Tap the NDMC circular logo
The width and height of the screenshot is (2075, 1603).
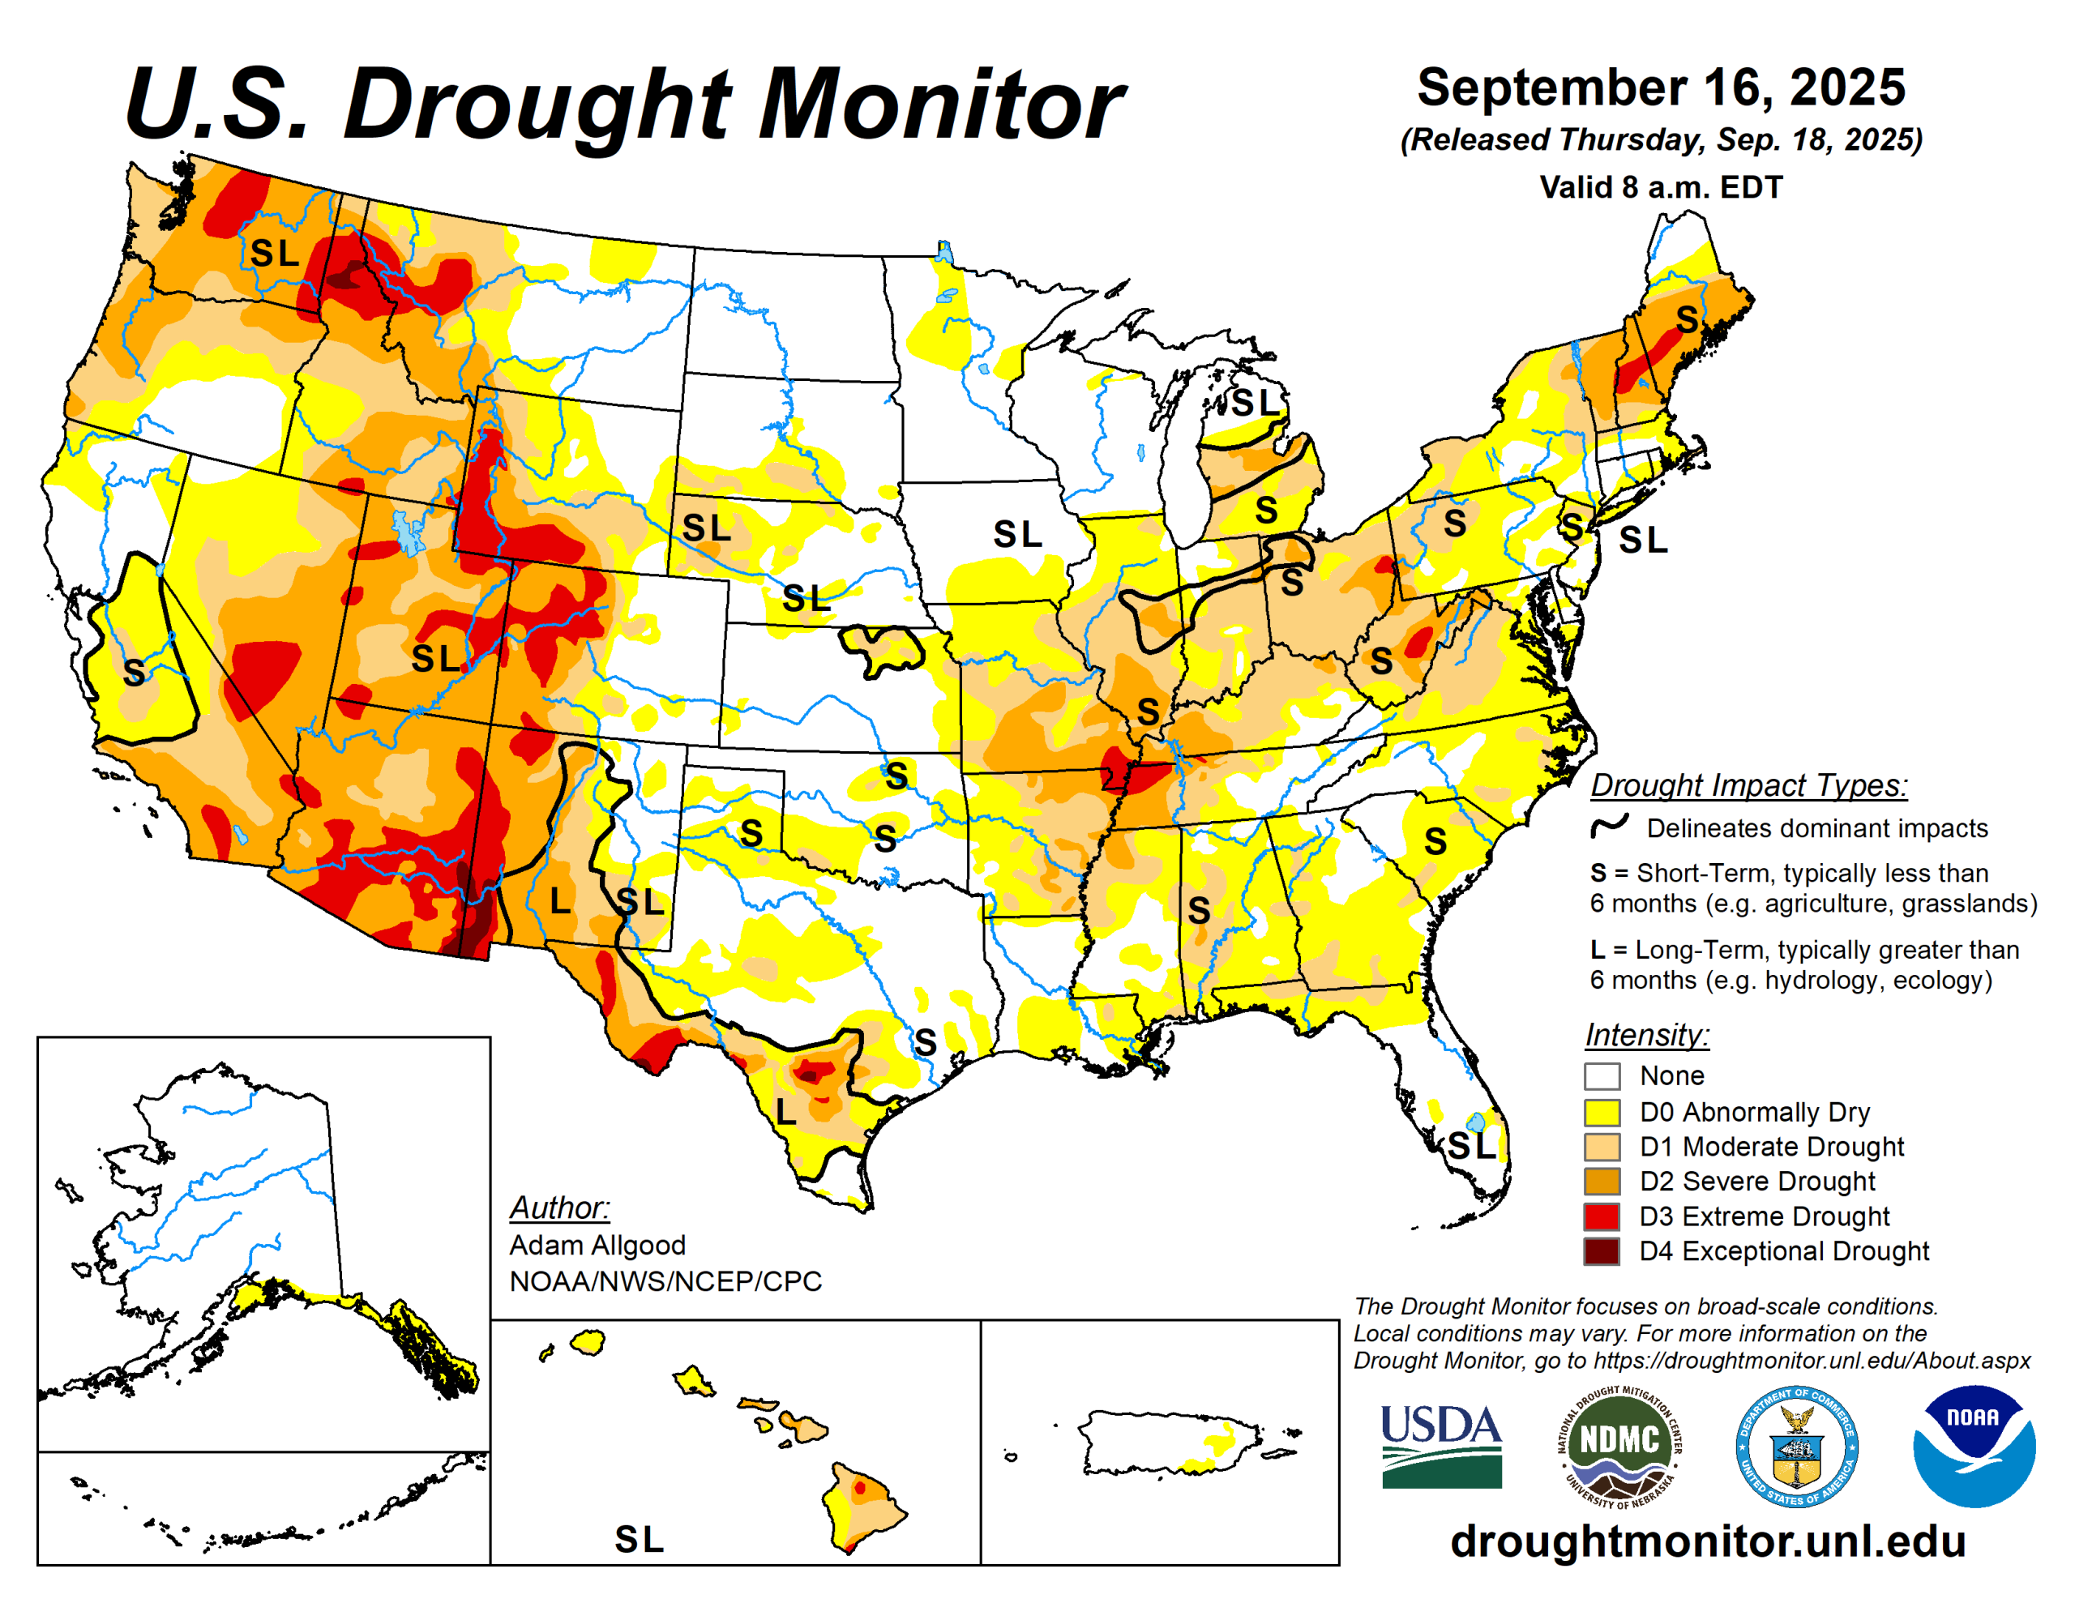click(1619, 1447)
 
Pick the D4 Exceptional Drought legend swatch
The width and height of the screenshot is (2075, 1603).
click(1601, 1250)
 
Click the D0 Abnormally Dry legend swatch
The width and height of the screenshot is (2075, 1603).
click(1601, 1112)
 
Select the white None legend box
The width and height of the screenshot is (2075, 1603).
click(1601, 1075)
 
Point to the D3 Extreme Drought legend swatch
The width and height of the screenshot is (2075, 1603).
click(1601, 1216)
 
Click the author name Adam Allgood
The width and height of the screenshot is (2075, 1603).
click(597, 1245)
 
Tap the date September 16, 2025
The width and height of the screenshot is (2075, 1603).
click(1661, 88)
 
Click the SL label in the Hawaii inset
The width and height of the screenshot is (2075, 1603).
click(639, 1539)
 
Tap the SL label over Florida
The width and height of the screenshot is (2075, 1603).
click(1471, 1146)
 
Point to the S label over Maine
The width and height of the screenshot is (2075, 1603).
click(1687, 319)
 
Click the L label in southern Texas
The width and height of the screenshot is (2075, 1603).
click(785, 1109)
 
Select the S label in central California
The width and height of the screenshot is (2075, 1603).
click(134, 673)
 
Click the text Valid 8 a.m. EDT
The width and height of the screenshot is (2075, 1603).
click(1661, 187)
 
